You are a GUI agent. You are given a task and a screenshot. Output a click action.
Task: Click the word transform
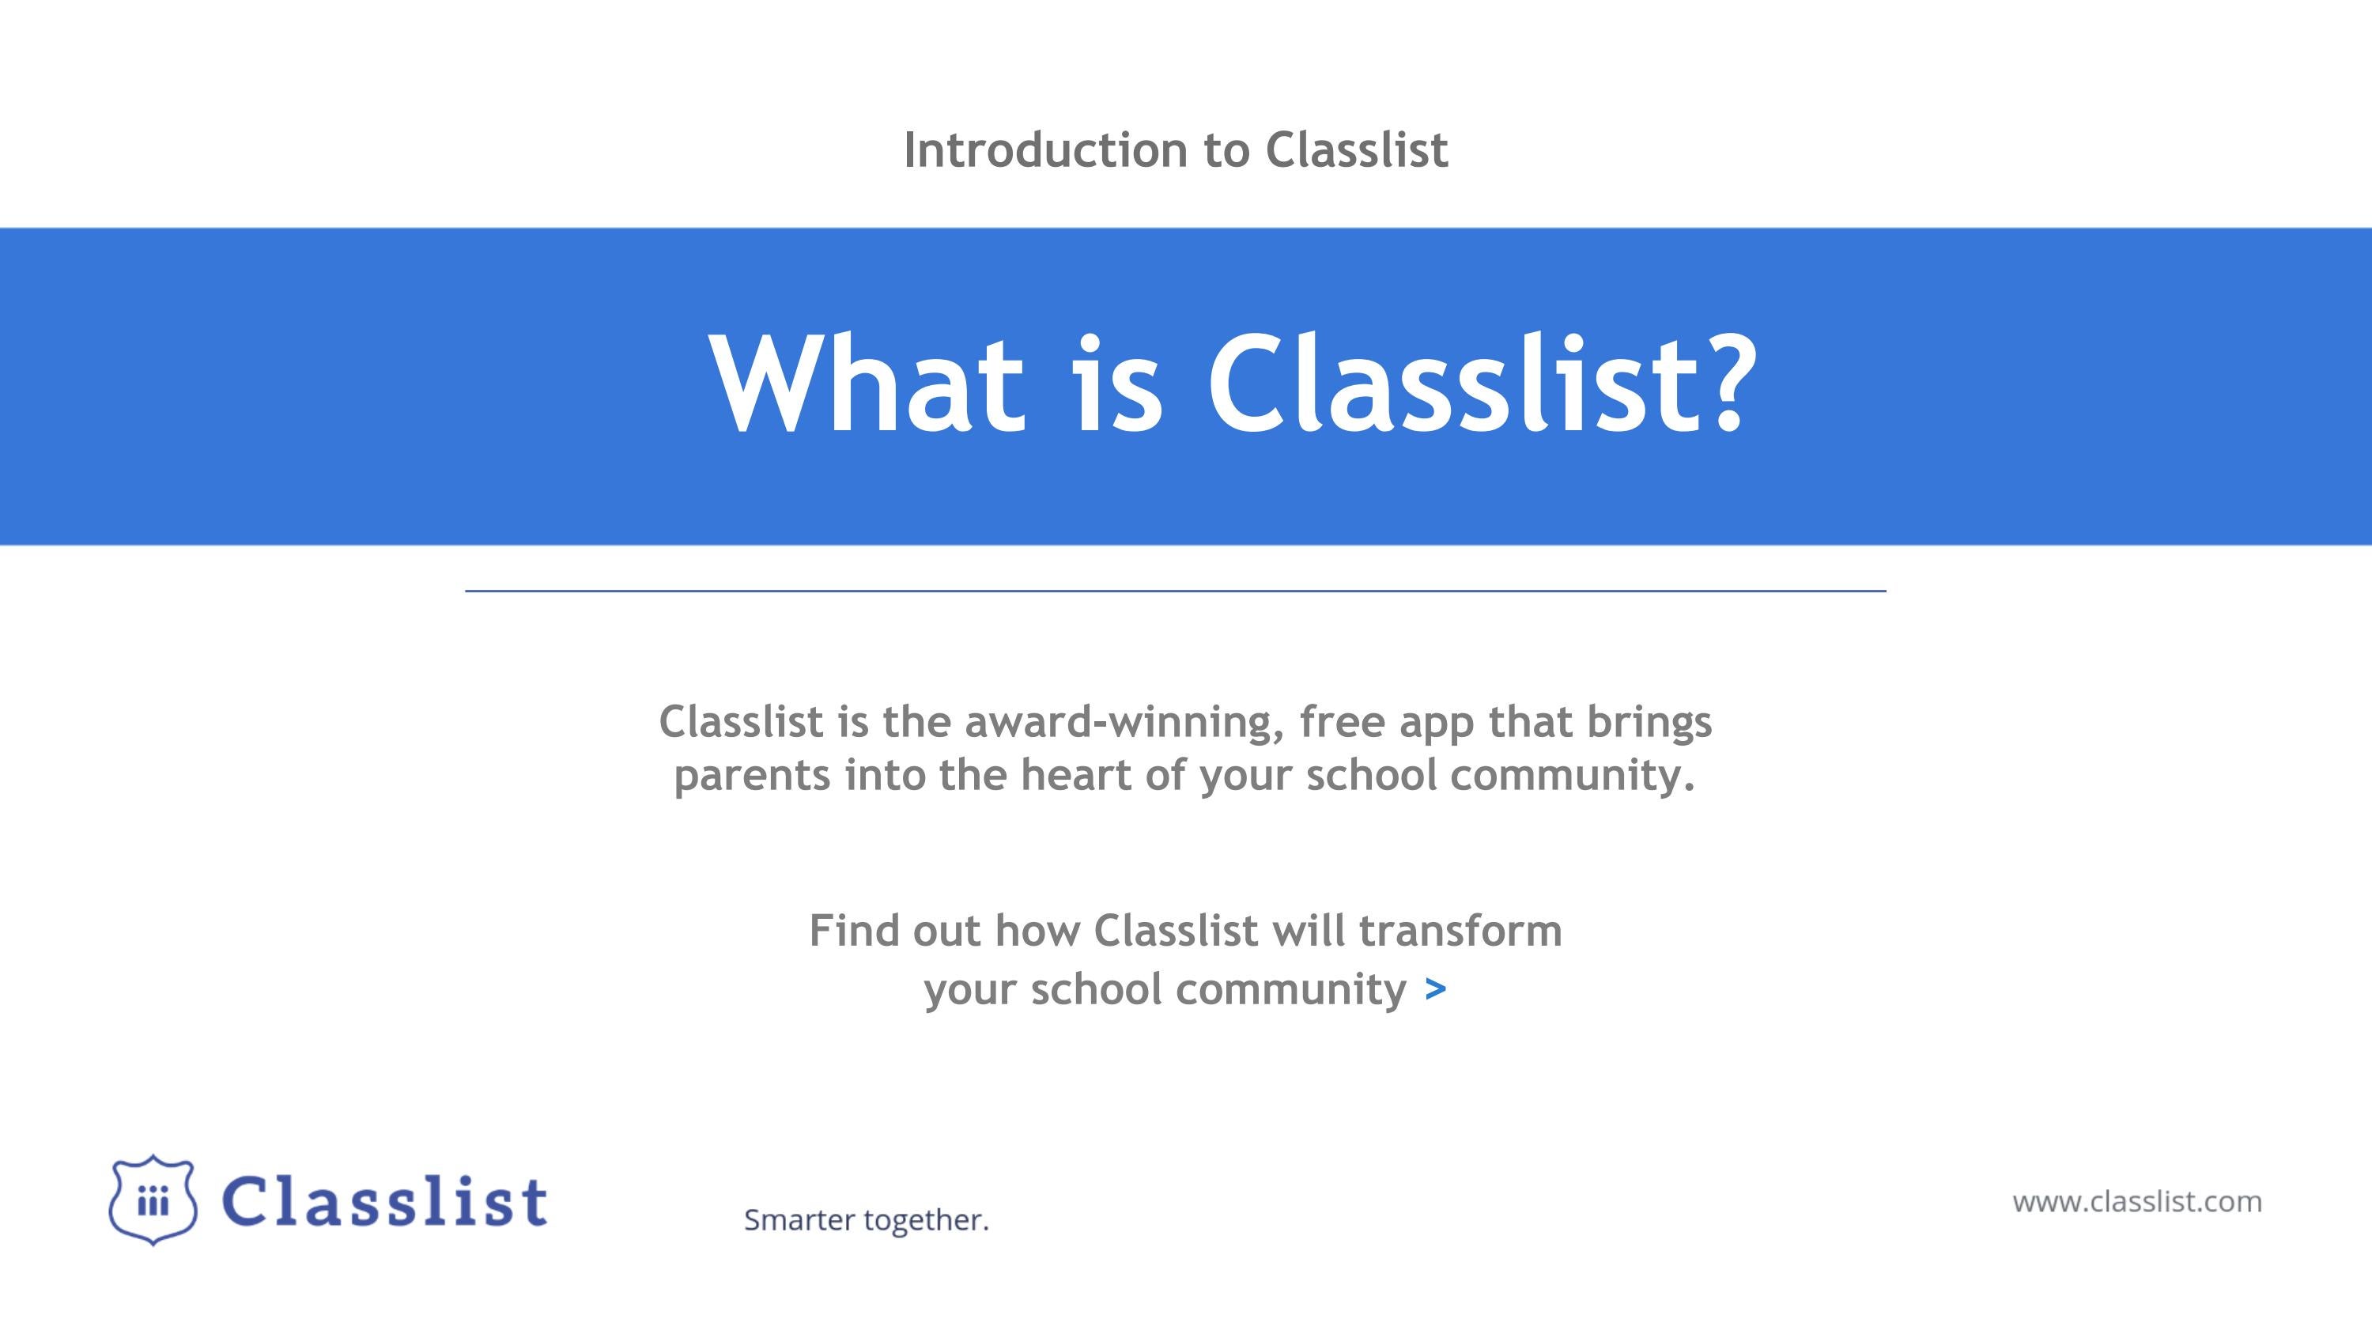[x=1460, y=932]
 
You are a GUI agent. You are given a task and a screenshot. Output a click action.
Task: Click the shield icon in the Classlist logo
[x=153, y=1200]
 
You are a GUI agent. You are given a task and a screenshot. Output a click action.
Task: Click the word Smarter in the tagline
[x=799, y=1221]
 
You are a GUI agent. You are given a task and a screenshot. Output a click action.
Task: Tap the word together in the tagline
[x=925, y=1221]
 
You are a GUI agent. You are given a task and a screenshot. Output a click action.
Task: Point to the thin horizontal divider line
[x=1175, y=591]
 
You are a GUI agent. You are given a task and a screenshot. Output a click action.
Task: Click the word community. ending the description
[x=1573, y=775]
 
